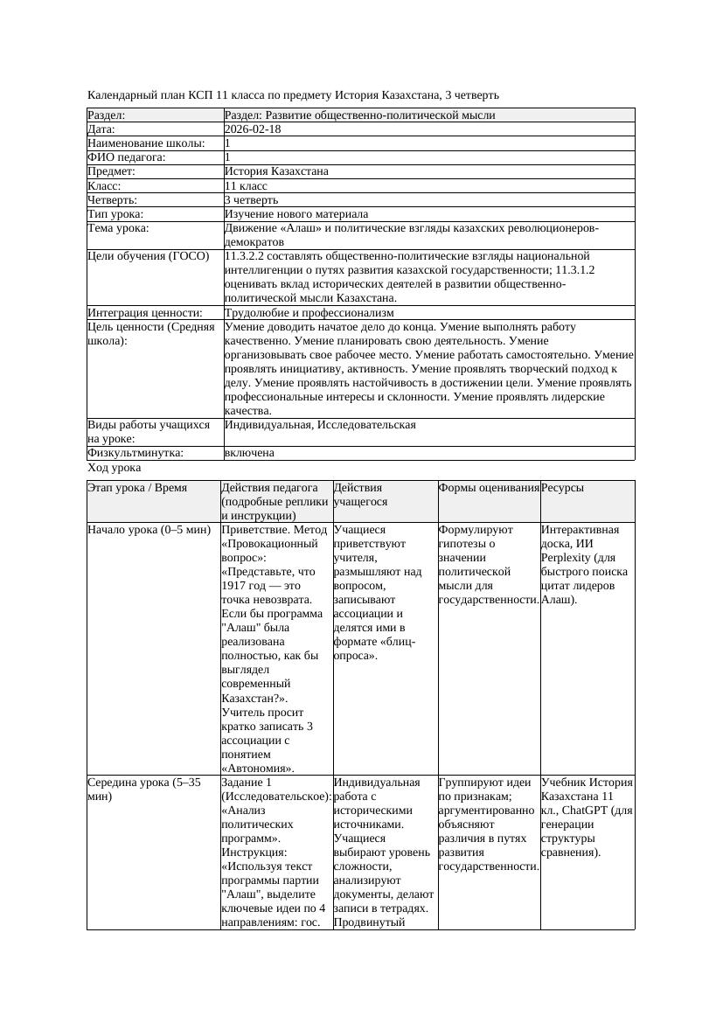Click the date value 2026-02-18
[x=253, y=129]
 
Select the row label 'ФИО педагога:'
[x=127, y=157]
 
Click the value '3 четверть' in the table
[x=251, y=200]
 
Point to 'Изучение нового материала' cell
[x=295, y=214]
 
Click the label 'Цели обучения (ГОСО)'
[x=149, y=256]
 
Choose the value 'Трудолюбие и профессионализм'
[x=309, y=313]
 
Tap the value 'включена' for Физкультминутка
[x=249, y=453]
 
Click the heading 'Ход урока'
[x=114, y=468]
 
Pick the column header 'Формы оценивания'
[x=489, y=488]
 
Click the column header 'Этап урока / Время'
[x=137, y=488]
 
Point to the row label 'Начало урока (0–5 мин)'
[x=149, y=530]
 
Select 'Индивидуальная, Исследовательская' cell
[x=320, y=425]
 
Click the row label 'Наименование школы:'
[x=146, y=143]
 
